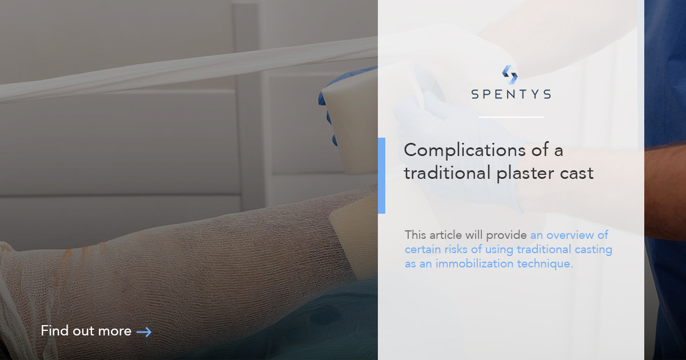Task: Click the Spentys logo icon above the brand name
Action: click(x=510, y=75)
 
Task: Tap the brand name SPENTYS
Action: click(x=511, y=94)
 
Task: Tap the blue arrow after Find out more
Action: click(x=144, y=331)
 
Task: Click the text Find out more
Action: click(x=86, y=331)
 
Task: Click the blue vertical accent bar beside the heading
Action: click(x=381, y=175)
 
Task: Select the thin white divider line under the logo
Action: click(x=510, y=117)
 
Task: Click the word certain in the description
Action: click(x=423, y=249)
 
